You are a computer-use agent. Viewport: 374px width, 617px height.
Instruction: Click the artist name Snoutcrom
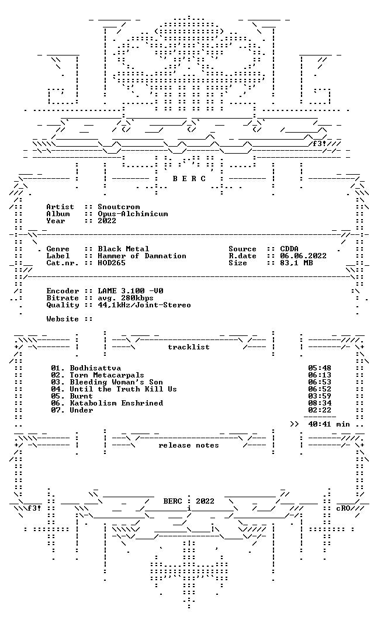click(119, 207)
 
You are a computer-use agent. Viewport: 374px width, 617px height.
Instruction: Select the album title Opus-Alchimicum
click(133, 214)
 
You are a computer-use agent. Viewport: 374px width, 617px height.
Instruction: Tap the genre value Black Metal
click(124, 249)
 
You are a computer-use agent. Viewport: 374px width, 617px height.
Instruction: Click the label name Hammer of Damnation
click(142, 256)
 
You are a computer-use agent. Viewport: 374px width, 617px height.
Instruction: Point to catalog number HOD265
click(112, 263)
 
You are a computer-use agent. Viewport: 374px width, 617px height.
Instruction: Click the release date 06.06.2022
click(303, 256)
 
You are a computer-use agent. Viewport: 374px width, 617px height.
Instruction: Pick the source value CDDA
click(289, 249)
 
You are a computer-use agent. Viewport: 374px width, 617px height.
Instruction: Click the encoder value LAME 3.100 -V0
click(131, 291)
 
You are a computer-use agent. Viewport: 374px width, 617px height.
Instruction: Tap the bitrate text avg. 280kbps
click(126, 298)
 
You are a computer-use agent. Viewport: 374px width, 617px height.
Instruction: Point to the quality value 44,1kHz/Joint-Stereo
click(144, 306)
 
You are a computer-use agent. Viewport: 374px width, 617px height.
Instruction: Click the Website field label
click(63, 319)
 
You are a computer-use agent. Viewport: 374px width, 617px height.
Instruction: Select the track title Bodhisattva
click(96, 368)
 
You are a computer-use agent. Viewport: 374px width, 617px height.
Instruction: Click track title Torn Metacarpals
click(107, 375)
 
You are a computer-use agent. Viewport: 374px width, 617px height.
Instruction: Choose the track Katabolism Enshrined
click(116, 403)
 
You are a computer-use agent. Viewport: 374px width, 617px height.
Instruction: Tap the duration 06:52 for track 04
click(320, 389)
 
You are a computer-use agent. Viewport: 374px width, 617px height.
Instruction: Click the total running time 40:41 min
click(329, 425)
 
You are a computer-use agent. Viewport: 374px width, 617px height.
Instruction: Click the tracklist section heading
click(189, 347)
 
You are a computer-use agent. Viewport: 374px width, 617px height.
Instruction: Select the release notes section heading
click(189, 445)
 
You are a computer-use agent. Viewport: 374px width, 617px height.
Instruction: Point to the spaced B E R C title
click(189, 179)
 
